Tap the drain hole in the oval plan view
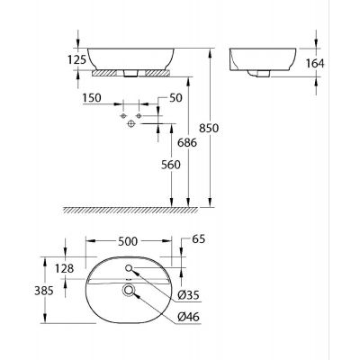129,291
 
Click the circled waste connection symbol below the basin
130,125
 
